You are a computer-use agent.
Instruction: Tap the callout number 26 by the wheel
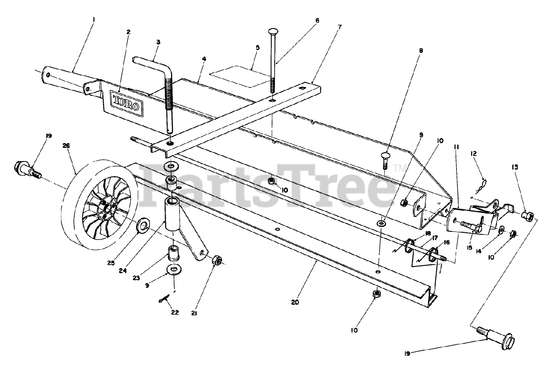pos(66,145)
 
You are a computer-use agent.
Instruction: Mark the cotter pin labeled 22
pos(164,300)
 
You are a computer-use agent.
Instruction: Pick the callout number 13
pos(515,167)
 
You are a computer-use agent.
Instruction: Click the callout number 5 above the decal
pos(257,48)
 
